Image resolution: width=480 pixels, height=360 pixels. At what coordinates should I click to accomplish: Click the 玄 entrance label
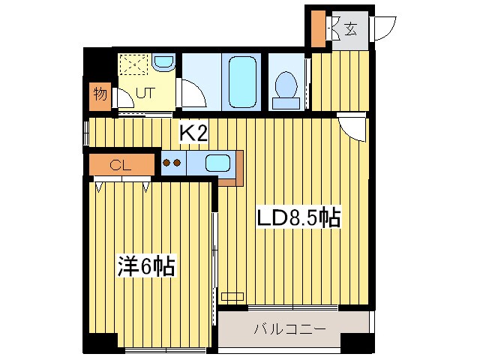(x=350, y=29)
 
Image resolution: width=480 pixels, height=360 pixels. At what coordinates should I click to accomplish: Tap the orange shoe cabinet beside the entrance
(x=318, y=29)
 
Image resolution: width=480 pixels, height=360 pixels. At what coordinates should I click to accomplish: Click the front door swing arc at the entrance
(x=386, y=28)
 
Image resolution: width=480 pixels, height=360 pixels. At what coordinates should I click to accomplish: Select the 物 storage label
(x=100, y=94)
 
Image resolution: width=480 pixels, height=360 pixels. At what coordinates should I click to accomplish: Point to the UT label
(x=145, y=95)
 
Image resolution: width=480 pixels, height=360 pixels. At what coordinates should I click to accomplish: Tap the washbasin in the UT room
(x=163, y=63)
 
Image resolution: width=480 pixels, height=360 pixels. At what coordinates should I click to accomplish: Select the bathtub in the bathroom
(x=242, y=77)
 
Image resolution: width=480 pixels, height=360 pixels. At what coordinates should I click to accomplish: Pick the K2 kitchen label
(x=193, y=133)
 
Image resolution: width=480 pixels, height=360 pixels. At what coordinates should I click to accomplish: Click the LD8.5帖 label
(x=299, y=218)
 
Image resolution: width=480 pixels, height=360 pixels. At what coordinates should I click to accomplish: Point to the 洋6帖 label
(x=145, y=266)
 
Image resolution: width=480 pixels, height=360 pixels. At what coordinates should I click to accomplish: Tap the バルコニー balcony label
(x=289, y=328)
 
